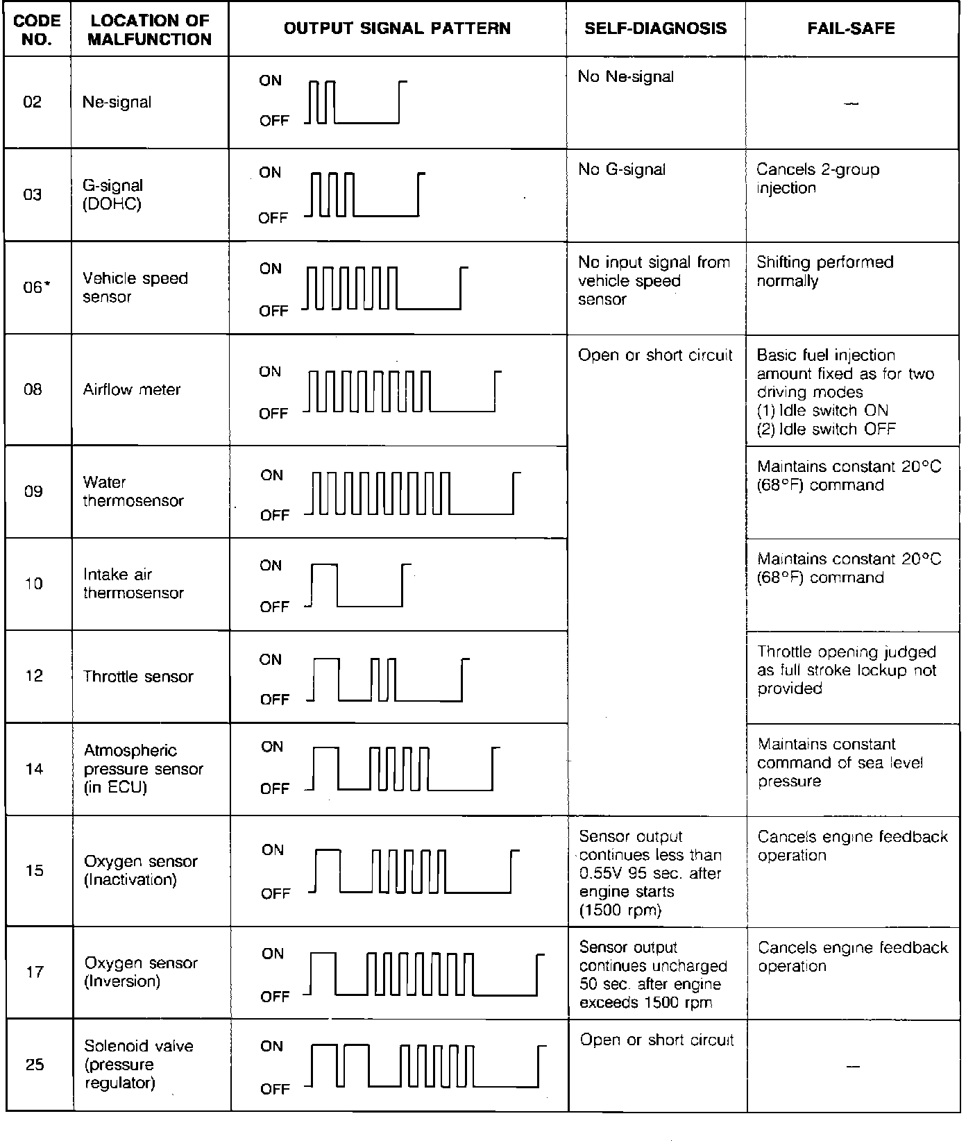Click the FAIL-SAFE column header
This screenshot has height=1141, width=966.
[851, 28]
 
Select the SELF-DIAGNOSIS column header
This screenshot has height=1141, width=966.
[655, 28]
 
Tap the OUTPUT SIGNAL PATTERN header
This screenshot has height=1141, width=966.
[397, 28]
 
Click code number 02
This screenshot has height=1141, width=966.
[33, 102]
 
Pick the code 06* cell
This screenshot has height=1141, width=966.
[35, 287]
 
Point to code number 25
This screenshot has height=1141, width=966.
[35, 1064]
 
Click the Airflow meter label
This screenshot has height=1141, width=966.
[132, 389]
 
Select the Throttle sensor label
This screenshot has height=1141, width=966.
[138, 677]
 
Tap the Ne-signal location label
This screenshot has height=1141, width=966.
[117, 102]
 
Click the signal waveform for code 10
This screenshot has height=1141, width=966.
[357, 585]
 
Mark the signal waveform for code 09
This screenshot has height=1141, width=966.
[413, 493]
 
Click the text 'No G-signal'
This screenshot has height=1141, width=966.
[622, 169]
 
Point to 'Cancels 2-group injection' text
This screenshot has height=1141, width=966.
[817, 178]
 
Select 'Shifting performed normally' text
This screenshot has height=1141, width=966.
[824, 271]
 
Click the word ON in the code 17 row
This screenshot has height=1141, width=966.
[273, 954]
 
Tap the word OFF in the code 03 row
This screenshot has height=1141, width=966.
[273, 218]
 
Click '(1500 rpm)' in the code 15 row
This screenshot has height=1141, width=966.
[620, 910]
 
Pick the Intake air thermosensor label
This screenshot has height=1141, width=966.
[133, 584]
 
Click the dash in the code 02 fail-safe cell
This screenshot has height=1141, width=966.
[852, 104]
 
